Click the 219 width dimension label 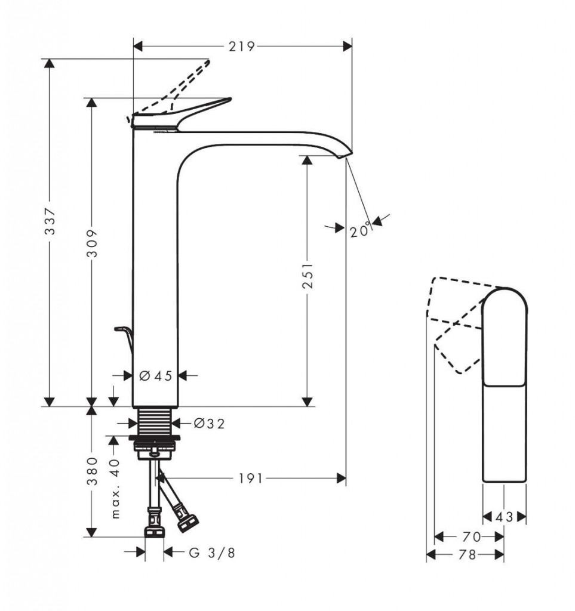click(242, 47)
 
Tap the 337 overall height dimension click(50, 221)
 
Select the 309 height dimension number click(92, 243)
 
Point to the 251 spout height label click(308, 275)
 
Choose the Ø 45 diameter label click(156, 376)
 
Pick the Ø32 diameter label click(210, 424)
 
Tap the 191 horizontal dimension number click(251, 478)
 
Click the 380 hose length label click(92, 471)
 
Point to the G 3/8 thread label click(213, 553)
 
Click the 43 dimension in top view click(505, 517)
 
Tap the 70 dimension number click(472, 537)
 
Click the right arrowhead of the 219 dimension click(348, 47)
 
